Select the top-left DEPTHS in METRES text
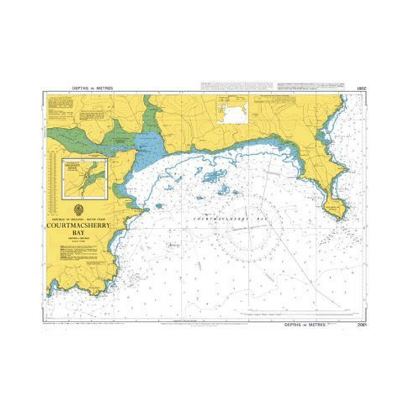pos(91,88)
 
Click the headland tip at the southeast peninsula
pos(340,214)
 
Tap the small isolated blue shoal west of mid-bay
pos(159,206)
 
